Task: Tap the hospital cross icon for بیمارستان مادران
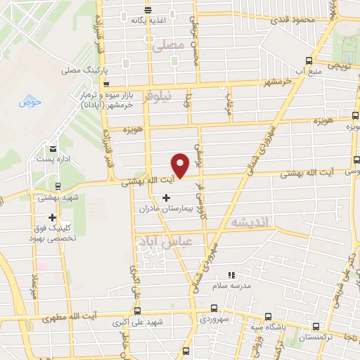166,198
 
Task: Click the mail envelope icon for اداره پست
54,148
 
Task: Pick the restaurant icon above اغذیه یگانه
148,9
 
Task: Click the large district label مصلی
167,45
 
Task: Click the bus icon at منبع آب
307,61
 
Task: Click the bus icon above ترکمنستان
316,326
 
